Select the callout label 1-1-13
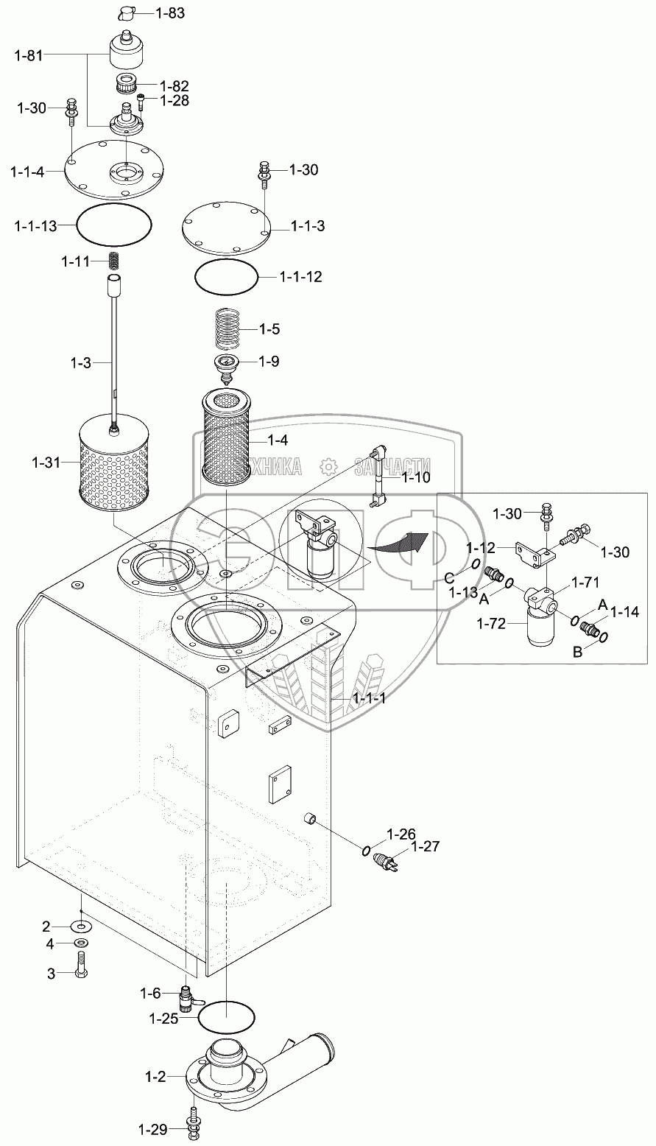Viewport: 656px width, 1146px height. (x=35, y=226)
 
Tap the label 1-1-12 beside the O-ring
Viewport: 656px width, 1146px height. (x=300, y=277)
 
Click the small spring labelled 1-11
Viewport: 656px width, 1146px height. (x=114, y=261)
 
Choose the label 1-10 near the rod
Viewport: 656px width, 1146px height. (x=416, y=477)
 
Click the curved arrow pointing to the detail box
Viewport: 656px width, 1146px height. (x=398, y=543)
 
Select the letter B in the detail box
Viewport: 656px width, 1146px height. (x=580, y=651)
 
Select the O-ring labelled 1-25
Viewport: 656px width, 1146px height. (x=227, y=1019)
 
